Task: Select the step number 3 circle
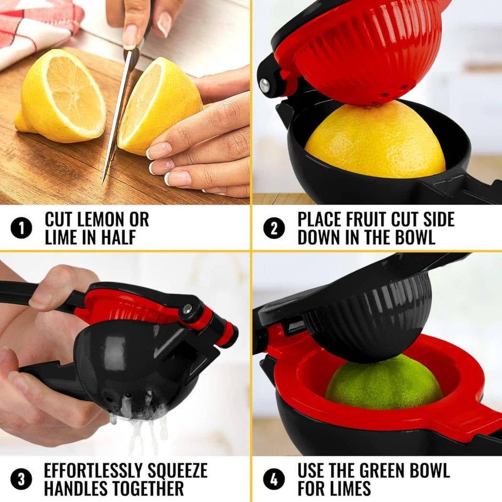[21, 480]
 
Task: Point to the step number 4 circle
[274, 480]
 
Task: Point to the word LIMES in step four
[350, 489]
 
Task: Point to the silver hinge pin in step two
[265, 85]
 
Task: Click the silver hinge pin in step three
[187, 309]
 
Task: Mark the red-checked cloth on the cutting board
[35, 29]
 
